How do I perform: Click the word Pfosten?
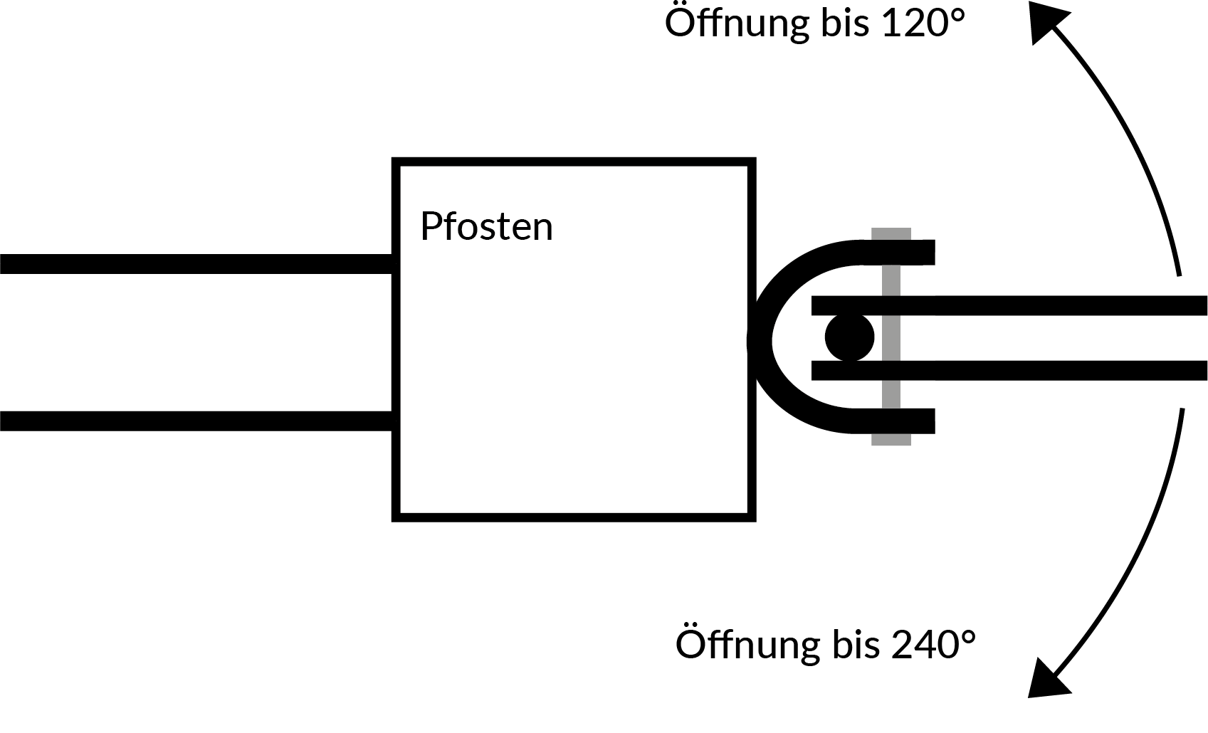tap(486, 227)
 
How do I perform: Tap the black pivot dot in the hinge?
tap(849, 337)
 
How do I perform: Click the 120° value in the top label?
tap(923, 23)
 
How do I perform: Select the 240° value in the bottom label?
tap(933, 645)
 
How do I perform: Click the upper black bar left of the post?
tap(196, 263)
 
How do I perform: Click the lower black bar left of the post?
tap(196, 421)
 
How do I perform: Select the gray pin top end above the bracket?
tap(891, 234)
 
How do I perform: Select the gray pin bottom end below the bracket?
tap(891, 439)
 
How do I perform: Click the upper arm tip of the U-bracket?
tap(922, 252)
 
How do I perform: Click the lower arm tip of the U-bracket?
tap(922, 421)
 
